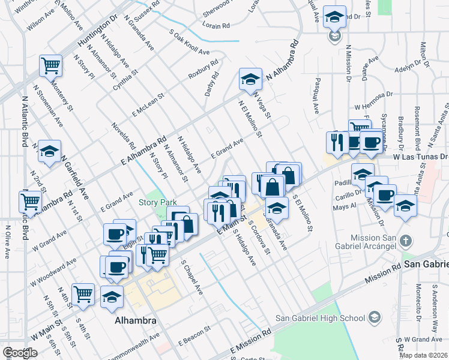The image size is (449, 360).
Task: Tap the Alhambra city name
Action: click(136, 320)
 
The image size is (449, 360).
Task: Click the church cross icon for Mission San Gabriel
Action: click(406, 241)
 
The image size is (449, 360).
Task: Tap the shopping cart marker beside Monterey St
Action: click(51, 65)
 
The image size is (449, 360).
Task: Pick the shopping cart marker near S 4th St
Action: click(83, 294)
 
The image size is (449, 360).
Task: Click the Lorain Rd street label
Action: click(217, 26)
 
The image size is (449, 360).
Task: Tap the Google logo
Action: click(20, 353)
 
